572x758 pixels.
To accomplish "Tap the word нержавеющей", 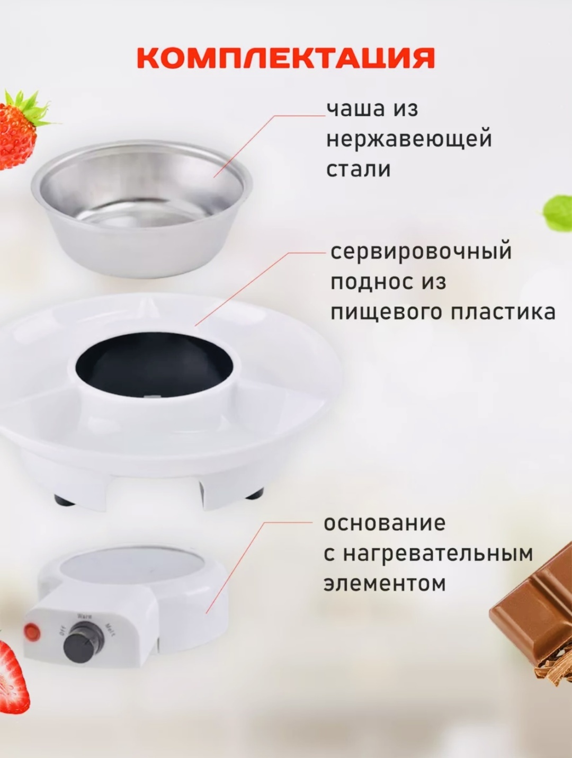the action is click(409, 140).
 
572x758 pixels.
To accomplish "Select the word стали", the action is click(359, 170).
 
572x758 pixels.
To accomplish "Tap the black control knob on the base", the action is click(83, 658).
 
